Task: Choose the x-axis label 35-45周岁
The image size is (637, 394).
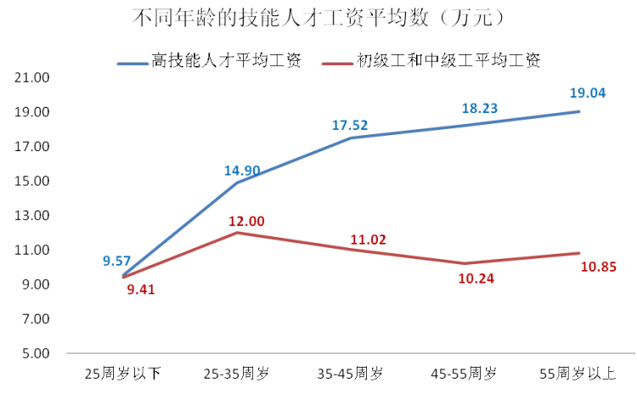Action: [349, 373]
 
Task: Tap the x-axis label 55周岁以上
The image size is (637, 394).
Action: [578, 373]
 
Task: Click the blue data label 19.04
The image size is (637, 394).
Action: [586, 93]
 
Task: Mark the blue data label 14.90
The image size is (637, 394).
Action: [242, 171]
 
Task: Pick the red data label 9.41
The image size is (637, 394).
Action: [140, 290]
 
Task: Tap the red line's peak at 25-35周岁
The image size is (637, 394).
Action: [236, 232]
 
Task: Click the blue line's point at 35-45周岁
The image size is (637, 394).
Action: [350, 138]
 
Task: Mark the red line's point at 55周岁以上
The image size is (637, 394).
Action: [579, 253]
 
